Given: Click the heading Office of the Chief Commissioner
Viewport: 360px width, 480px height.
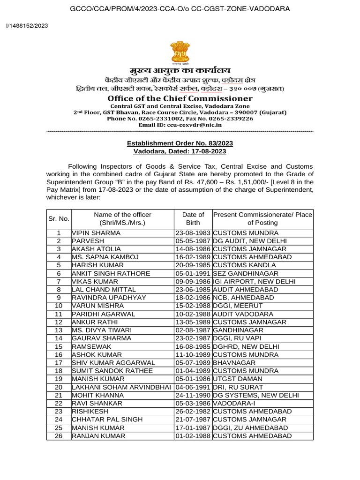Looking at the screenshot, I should pyautogui.click(x=180, y=98).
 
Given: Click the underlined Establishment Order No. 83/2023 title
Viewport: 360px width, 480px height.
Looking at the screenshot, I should pyautogui.click(x=180, y=143).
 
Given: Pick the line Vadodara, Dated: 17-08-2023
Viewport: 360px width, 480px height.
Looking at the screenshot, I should pyautogui.click(x=180, y=151).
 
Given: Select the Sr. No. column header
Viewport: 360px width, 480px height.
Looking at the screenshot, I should pyautogui.click(x=59, y=218).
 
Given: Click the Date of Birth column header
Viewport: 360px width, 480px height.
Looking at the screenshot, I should pyautogui.click(x=193, y=218).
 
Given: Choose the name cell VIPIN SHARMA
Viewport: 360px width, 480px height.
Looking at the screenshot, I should pyautogui.click(x=96, y=232).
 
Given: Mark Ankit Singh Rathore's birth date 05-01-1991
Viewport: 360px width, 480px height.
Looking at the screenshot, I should pyautogui.click(x=193, y=273).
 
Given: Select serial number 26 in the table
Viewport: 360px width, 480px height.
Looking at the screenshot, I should pyautogui.click(x=59, y=436).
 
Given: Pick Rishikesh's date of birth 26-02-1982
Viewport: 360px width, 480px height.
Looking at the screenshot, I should pyautogui.click(x=193, y=412).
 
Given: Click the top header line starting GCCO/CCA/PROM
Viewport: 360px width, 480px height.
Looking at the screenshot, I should pyautogui.click(x=180, y=9).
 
